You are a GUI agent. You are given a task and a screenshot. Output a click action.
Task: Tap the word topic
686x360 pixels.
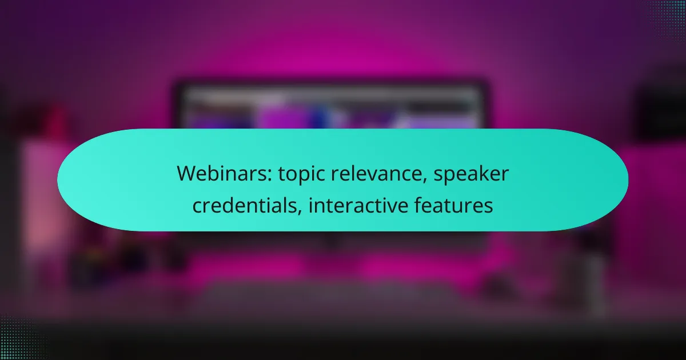(x=301, y=174)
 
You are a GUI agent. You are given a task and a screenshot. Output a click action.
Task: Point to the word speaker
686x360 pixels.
(x=471, y=174)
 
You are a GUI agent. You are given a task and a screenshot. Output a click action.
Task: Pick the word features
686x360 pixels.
(x=453, y=205)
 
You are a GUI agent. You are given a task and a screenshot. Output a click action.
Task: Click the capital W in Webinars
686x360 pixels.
(x=187, y=174)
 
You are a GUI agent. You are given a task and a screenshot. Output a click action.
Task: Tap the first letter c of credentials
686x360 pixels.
(x=198, y=207)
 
